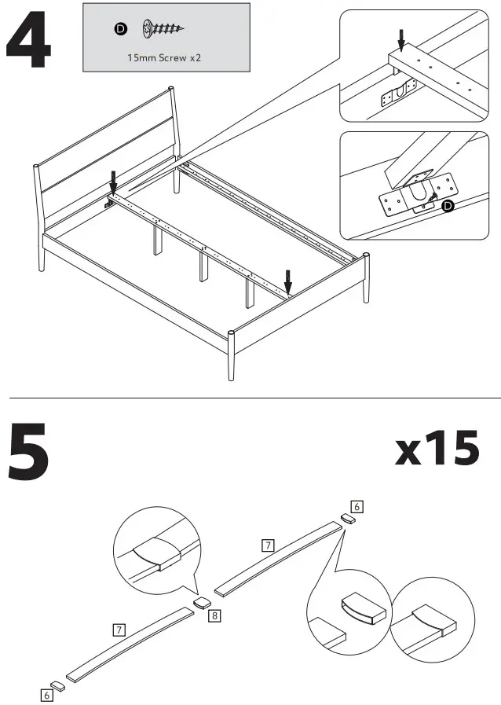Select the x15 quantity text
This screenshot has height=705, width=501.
coord(437,450)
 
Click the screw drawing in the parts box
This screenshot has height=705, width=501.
coord(163,29)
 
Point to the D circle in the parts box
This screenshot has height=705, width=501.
coord(120,29)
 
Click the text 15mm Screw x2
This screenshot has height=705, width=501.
coord(165,58)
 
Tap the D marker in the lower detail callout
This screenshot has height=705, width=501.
coord(447,207)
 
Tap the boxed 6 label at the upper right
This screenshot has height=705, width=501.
coord(357,507)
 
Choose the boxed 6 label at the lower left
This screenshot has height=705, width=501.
coord(48,695)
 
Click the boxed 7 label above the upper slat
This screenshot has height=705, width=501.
coord(268,545)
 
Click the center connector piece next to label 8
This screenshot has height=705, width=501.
coord(201,603)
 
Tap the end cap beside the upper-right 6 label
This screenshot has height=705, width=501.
coord(347,519)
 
